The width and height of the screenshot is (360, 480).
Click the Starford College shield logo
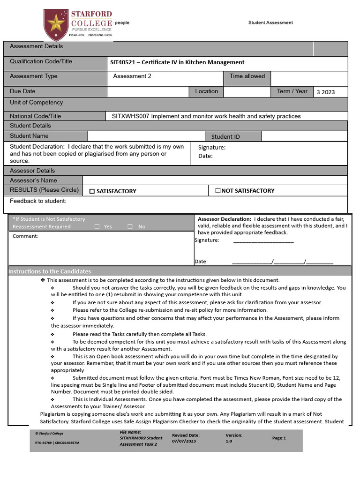click(x=56, y=24)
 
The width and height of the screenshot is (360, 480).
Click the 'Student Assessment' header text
click(x=270, y=22)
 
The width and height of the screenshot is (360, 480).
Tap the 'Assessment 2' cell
click(x=132, y=76)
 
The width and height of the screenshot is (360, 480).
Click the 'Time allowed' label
click(x=247, y=76)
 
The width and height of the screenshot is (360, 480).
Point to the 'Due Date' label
click(x=22, y=91)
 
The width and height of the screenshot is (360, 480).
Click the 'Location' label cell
click(x=206, y=91)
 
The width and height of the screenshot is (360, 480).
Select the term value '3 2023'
click(x=325, y=92)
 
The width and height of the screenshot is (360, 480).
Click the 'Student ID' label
click(x=225, y=137)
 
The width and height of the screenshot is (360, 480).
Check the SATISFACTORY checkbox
click(x=92, y=191)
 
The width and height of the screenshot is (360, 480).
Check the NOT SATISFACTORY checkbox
click(x=217, y=191)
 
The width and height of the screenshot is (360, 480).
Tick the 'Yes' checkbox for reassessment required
click(x=97, y=227)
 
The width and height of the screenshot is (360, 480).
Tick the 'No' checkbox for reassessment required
click(x=130, y=227)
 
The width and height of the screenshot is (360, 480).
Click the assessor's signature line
click(x=263, y=240)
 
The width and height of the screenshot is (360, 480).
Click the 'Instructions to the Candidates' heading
click(x=50, y=272)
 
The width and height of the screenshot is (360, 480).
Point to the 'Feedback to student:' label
click(x=38, y=202)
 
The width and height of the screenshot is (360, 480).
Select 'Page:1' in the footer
click(x=278, y=438)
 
